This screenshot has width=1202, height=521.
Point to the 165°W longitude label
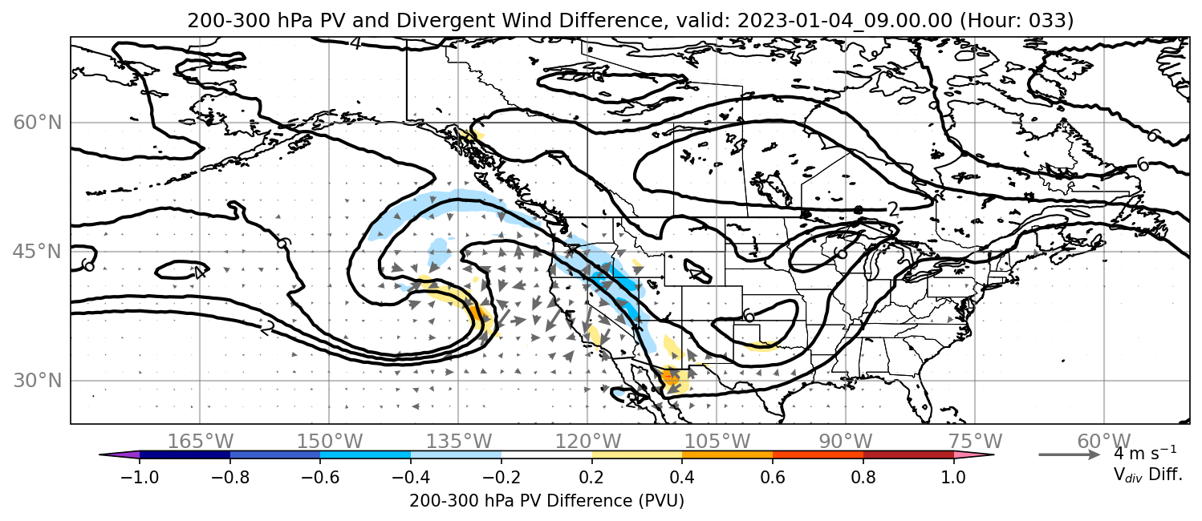click(x=200, y=442)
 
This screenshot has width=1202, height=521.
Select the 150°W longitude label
click(x=330, y=442)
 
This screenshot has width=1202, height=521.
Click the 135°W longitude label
click(x=459, y=442)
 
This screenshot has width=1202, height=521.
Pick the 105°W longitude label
click(x=717, y=442)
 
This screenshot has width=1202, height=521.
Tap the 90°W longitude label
click(x=846, y=442)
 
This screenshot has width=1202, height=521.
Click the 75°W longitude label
click(x=975, y=442)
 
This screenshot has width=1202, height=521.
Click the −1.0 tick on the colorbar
click(x=140, y=476)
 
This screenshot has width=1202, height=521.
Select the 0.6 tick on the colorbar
click(x=773, y=476)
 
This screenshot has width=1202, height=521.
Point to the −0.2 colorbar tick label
click(x=502, y=476)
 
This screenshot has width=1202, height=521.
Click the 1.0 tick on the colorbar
click(x=953, y=476)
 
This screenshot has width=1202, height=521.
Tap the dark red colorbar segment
click(x=908, y=455)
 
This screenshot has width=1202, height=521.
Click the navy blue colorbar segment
click(x=185, y=455)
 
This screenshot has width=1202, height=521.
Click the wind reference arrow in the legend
click(x=1070, y=455)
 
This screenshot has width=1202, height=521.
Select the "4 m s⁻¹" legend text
click(x=1145, y=454)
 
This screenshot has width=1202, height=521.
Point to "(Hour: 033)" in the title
click(x=1017, y=20)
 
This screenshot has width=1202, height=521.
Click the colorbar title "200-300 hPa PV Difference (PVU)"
click(x=546, y=501)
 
